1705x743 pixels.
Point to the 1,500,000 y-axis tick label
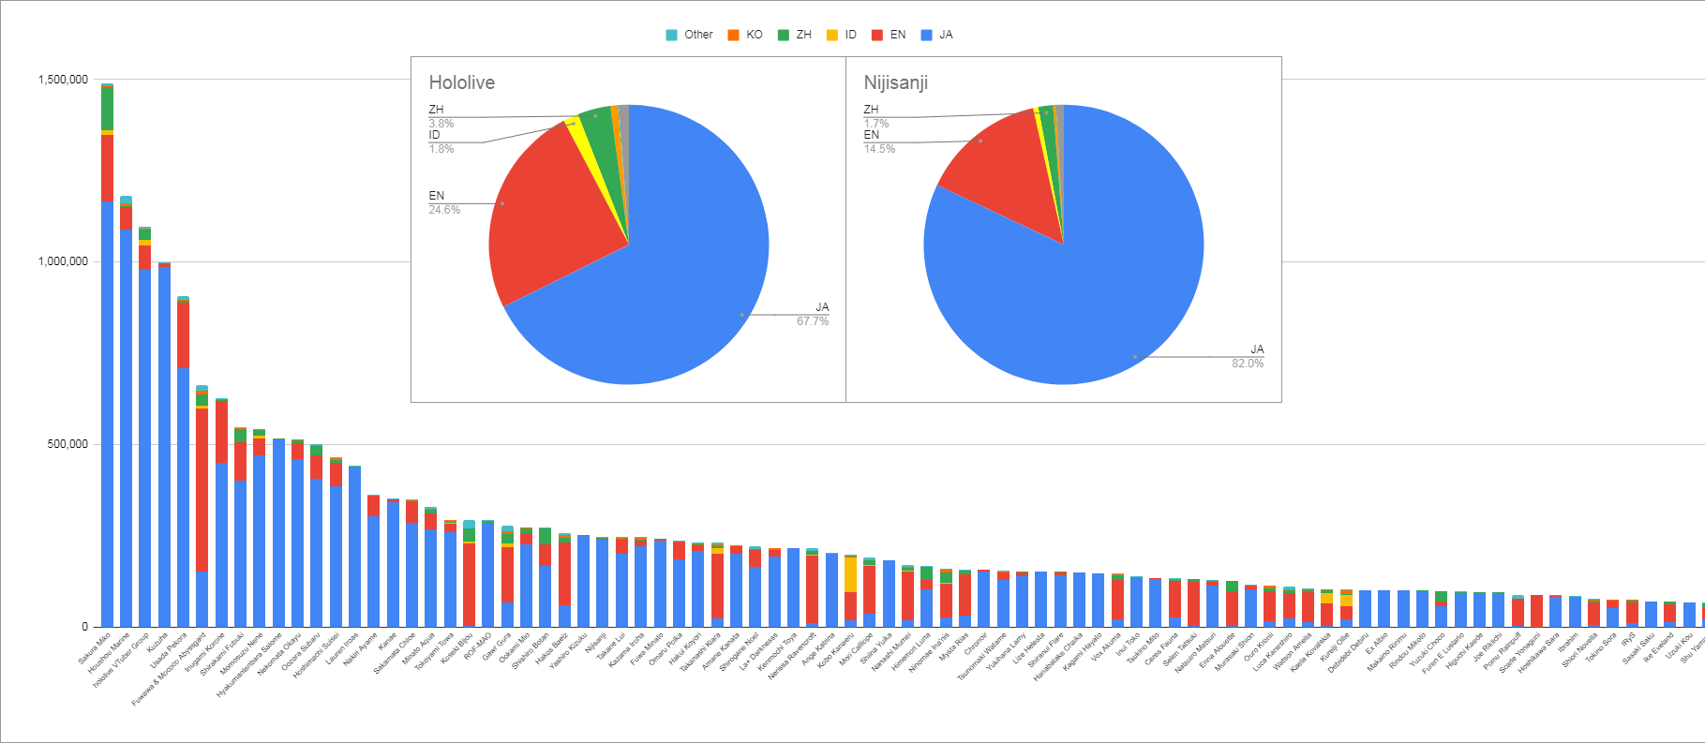pos(63,80)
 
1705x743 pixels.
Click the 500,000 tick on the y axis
pos(67,444)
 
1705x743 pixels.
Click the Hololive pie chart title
pos(461,82)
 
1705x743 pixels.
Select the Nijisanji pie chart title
pos(895,82)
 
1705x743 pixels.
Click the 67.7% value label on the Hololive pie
pos(813,321)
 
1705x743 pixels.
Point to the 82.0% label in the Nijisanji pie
pos(1247,364)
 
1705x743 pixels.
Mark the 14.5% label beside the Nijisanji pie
pos(879,149)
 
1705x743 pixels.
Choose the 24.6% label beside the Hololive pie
pos(444,210)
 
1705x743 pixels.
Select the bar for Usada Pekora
pos(183,487)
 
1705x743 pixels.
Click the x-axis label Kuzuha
pos(157,644)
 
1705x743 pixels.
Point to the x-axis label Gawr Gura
pos(497,647)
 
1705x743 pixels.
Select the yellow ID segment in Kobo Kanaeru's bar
pos(850,573)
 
